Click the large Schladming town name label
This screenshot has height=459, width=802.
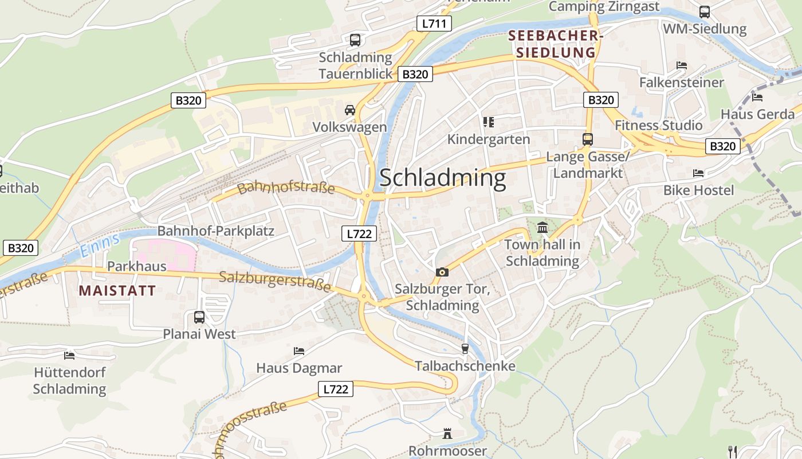[443, 178]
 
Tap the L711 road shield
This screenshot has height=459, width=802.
[434, 24]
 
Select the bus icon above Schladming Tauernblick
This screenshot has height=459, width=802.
[355, 40]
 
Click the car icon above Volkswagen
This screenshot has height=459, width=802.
[349, 110]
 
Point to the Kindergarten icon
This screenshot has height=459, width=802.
[488, 122]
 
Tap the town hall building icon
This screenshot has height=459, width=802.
[542, 228]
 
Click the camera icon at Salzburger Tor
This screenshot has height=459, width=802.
[442, 272]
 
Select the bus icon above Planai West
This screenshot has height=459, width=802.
[199, 317]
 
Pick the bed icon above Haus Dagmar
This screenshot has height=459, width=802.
[298, 351]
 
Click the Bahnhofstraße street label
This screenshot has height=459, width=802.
[286, 188]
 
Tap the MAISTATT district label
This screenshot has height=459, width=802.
[117, 290]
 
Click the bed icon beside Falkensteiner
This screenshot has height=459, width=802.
[681, 65]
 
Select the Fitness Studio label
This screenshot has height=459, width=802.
[658, 125]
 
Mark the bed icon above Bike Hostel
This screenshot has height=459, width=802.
[698, 173]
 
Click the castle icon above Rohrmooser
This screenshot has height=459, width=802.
[447, 434]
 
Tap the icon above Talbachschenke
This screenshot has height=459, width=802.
[465, 349]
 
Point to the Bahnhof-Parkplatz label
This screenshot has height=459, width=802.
[216, 231]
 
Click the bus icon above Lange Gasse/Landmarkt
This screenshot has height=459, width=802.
[587, 139]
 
